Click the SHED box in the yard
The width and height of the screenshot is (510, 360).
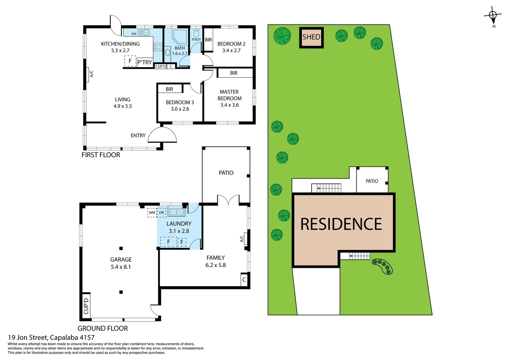pos(311,37)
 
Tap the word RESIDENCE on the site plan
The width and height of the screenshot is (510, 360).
pos(341,224)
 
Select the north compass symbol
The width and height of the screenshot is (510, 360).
pos(493,15)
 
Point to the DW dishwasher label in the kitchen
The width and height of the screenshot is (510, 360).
pos(134,34)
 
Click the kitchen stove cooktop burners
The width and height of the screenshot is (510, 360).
pos(158,47)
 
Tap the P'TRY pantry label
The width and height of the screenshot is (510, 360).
pos(144,62)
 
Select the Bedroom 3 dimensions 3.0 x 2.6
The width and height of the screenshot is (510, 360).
pos(180,109)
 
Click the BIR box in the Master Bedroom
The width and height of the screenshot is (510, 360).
pos(234,73)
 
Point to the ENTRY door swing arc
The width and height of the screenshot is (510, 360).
pos(162,135)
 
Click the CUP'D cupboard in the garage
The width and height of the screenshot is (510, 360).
pos(86,306)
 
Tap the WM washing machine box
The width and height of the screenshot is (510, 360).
pos(152,213)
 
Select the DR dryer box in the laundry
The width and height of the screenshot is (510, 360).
pos(161,213)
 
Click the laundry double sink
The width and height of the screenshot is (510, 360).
pos(176,212)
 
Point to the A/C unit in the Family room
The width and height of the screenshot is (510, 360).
pos(245,239)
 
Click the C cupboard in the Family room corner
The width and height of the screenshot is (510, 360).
pos(244,280)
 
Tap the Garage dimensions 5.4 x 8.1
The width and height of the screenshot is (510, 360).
pos(121,267)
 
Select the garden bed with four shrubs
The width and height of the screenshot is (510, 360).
pos(382,266)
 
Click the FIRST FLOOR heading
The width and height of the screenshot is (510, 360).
pos(101,155)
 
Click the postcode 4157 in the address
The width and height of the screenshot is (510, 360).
pos(87,338)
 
